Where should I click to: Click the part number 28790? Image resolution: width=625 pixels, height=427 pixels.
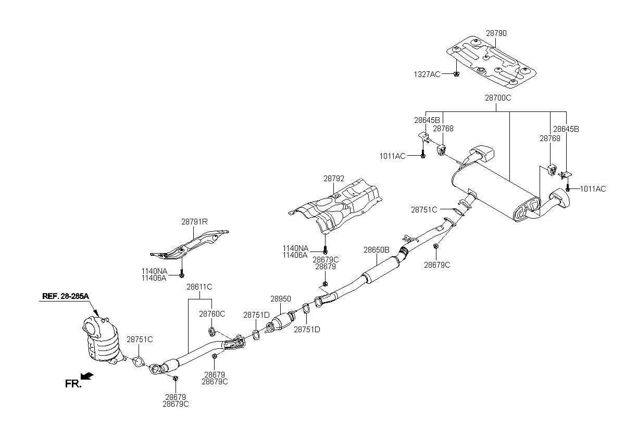click(496, 33)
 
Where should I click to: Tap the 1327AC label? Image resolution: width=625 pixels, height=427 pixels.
click(427, 74)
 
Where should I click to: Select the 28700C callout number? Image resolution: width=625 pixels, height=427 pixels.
click(498, 98)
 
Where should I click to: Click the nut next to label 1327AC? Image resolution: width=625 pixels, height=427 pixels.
click(456, 74)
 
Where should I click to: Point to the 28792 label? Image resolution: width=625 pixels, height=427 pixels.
click(334, 179)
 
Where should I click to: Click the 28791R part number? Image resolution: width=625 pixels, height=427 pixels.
click(194, 222)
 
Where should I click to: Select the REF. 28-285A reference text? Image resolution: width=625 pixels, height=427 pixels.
click(66, 296)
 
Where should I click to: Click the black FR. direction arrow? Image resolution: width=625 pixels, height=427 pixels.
click(88, 376)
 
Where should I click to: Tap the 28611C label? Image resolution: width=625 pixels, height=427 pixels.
click(199, 287)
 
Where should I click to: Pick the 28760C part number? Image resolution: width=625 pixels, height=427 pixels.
click(212, 314)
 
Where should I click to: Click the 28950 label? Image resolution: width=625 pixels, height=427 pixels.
click(281, 299)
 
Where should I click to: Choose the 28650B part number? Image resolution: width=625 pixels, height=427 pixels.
click(377, 250)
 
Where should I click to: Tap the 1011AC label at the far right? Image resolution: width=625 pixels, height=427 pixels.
click(593, 189)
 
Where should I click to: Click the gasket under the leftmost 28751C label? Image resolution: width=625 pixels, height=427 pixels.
click(139, 361)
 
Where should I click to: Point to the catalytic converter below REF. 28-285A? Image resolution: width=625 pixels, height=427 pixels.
click(102, 341)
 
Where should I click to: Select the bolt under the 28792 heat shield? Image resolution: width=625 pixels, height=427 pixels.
click(325, 249)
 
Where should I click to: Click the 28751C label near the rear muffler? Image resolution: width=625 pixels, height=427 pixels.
click(424, 210)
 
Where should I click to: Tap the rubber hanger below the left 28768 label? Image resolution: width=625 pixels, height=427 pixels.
click(442, 150)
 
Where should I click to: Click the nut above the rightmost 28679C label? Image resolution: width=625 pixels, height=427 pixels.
click(435, 246)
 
